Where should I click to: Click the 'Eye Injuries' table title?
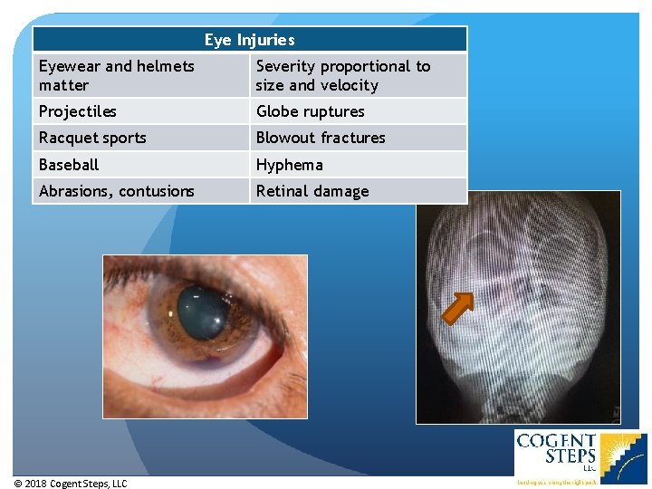tap(249, 40)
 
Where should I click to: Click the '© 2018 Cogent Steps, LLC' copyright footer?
tap(71, 484)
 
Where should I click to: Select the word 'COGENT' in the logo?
tap(555, 442)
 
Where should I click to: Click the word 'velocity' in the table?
tap(348, 85)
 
